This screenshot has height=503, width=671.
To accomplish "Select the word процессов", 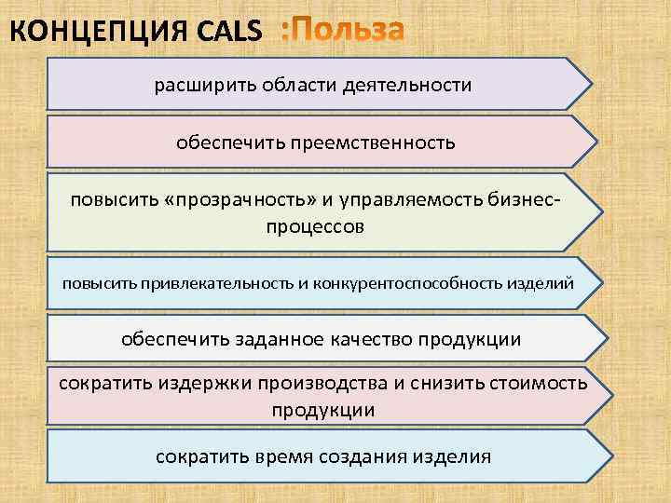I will pos(315,226).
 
